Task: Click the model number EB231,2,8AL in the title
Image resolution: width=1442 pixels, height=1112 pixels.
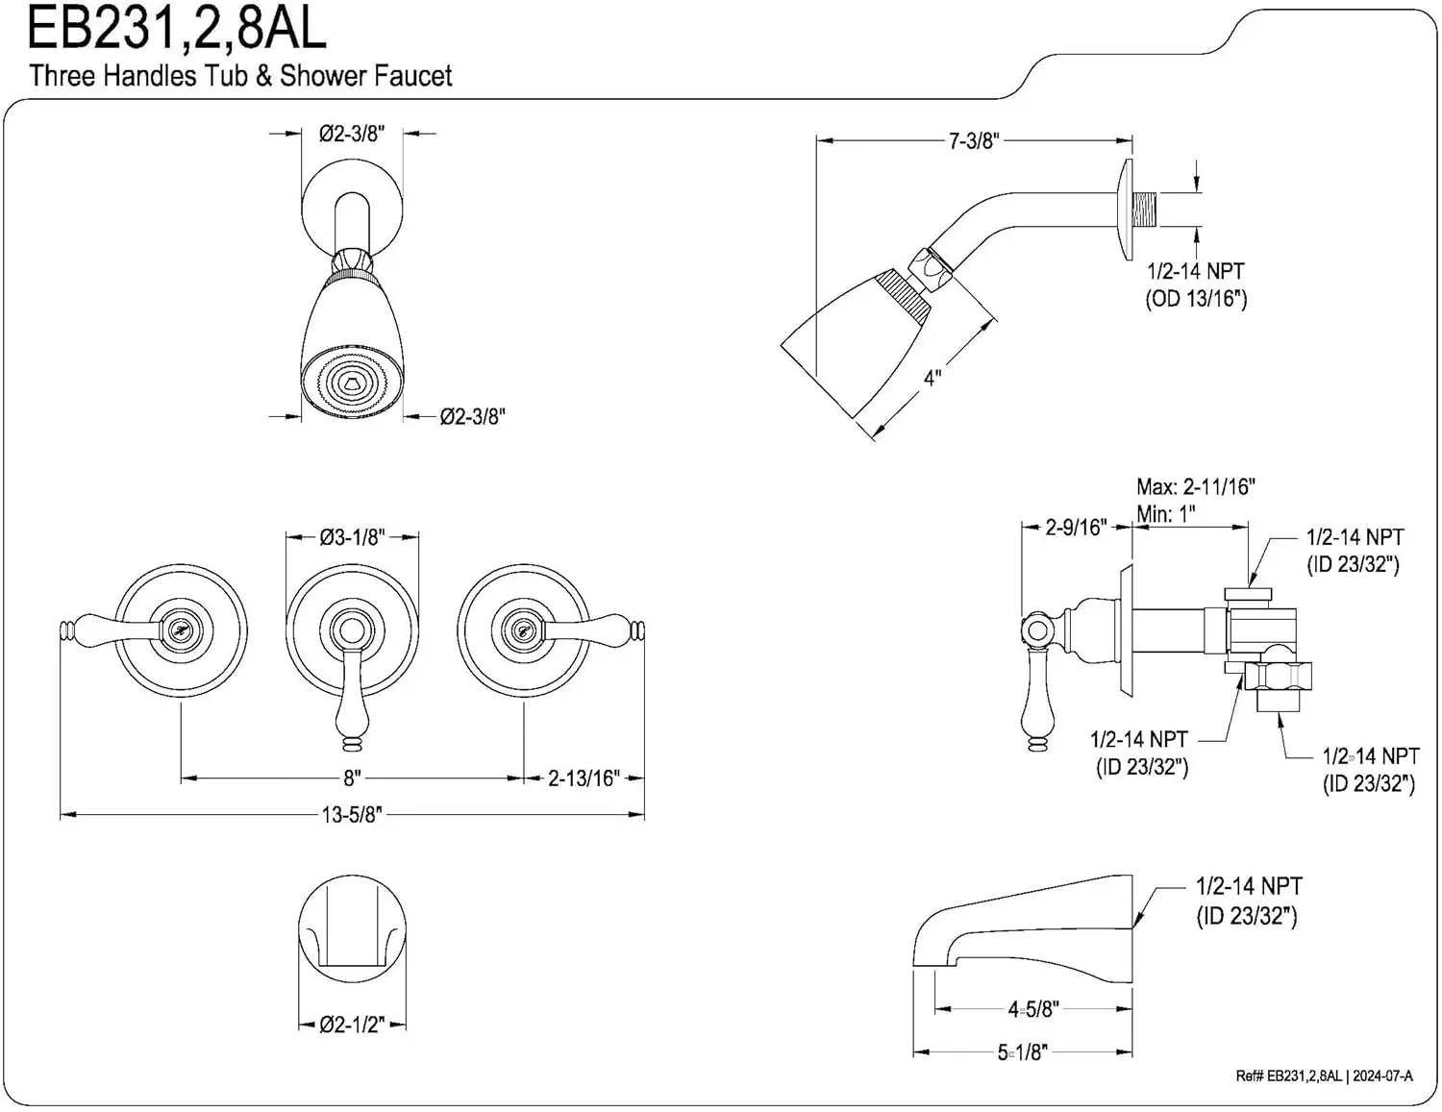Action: tap(176, 29)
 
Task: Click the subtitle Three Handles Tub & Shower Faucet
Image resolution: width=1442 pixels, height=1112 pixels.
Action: tap(240, 76)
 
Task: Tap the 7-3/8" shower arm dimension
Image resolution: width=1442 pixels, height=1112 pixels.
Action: tap(974, 141)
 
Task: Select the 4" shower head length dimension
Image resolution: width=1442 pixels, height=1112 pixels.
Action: tap(932, 378)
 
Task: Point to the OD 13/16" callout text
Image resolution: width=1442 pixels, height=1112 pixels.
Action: tap(1195, 299)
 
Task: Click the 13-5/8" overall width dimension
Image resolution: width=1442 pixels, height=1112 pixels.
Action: tap(352, 815)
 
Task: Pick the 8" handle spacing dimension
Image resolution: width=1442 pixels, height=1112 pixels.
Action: tap(352, 778)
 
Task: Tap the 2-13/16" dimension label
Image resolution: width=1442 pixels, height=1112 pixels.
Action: tap(584, 778)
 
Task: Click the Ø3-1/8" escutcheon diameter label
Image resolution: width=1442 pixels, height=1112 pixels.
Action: tap(352, 537)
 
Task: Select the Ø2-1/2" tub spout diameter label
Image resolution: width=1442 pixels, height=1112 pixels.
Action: tap(352, 1025)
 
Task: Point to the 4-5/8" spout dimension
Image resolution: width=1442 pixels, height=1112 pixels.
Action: tap(1032, 1009)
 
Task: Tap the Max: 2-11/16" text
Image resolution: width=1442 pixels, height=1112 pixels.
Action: tap(1195, 487)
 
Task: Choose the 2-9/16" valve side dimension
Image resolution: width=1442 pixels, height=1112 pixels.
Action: tap(1076, 528)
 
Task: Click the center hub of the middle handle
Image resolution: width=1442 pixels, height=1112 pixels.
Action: tap(351, 630)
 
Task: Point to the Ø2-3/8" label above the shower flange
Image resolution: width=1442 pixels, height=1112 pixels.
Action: tap(352, 134)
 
